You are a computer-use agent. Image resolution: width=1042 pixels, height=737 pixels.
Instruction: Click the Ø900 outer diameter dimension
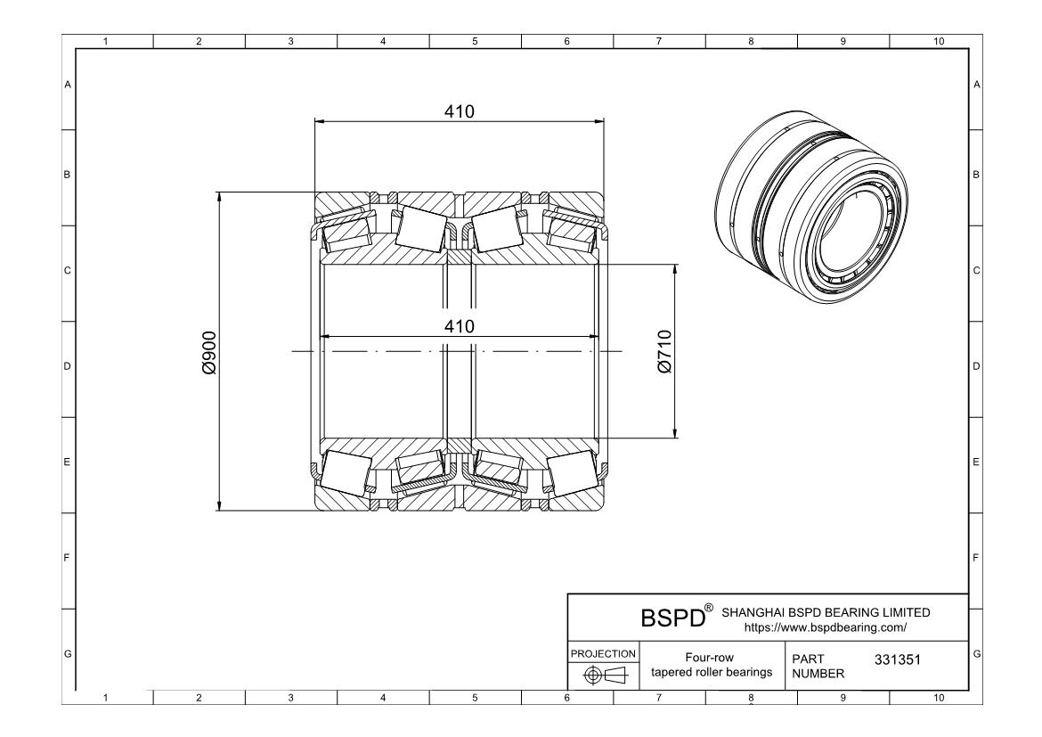tap(209, 353)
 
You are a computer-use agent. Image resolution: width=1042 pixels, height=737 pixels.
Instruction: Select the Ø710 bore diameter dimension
tap(664, 352)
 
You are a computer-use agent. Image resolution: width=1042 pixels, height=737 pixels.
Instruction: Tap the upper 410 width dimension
tap(460, 111)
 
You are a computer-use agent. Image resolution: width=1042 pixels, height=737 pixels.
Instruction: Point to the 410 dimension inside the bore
tap(460, 326)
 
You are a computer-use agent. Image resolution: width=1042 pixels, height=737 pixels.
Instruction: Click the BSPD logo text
tap(672, 618)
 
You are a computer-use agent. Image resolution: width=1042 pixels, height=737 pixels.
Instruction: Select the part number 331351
tap(897, 659)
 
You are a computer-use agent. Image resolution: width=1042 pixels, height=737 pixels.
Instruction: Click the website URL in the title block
tap(826, 627)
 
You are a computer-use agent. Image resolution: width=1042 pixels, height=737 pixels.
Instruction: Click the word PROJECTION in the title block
tap(604, 654)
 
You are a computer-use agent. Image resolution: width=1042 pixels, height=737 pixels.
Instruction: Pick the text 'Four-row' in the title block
tap(710, 658)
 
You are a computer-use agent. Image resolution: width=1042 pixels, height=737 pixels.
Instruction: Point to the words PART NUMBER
tap(818, 666)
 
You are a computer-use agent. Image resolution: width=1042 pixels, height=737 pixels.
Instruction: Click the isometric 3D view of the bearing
tap(813, 208)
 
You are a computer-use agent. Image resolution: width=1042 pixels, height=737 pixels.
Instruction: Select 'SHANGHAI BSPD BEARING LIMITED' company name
tap(826, 612)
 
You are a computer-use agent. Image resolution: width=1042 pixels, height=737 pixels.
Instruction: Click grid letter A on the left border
tap(67, 85)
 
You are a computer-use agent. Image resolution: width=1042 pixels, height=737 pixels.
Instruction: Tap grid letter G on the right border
tap(976, 654)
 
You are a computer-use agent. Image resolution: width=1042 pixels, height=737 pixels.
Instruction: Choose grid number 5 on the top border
tap(476, 41)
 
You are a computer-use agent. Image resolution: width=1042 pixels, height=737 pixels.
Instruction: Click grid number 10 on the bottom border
tap(939, 698)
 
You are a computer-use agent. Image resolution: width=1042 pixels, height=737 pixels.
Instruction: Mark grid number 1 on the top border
tap(106, 41)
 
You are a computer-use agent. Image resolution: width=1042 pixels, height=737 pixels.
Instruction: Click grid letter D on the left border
tap(67, 366)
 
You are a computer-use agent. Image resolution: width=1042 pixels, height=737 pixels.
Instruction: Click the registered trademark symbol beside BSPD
tap(709, 607)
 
